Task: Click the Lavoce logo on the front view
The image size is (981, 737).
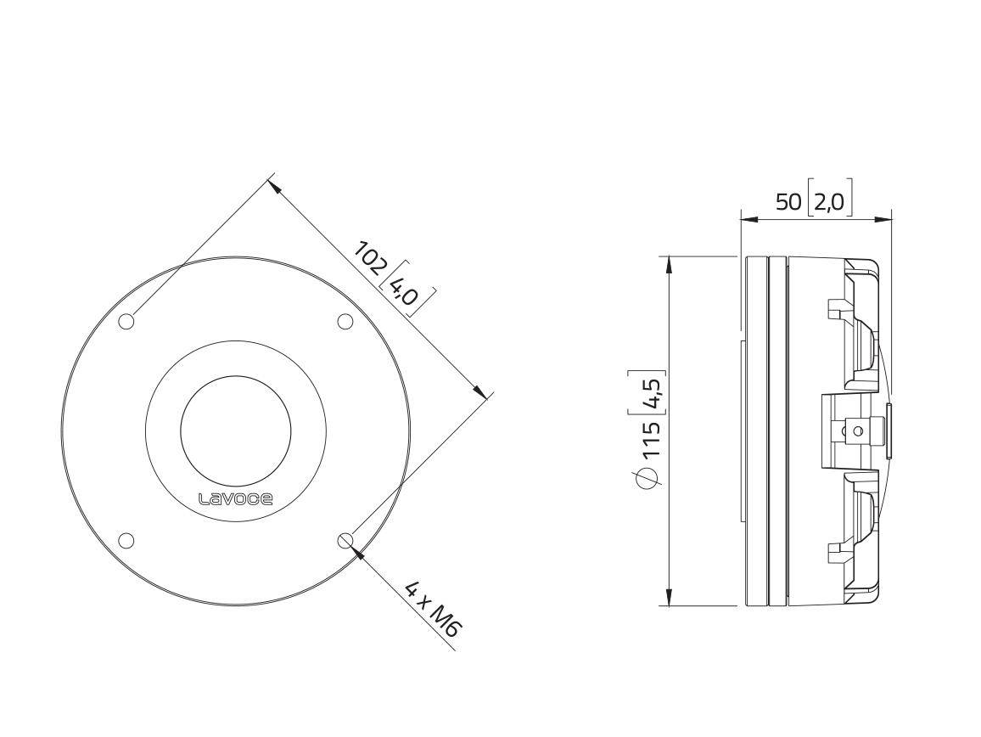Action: point(235,499)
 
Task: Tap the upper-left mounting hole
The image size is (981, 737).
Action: point(126,321)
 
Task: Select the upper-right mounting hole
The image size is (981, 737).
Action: point(345,321)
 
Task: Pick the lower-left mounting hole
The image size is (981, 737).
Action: point(126,540)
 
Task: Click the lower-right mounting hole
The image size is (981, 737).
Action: point(345,540)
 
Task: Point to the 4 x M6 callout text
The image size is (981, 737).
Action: point(432,608)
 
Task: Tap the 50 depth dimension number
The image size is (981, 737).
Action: point(788,202)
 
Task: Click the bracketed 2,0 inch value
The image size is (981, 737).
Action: point(829,202)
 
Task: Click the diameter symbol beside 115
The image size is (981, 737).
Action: point(649,479)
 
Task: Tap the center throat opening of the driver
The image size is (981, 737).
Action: point(235,431)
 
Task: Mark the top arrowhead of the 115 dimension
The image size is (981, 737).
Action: point(670,264)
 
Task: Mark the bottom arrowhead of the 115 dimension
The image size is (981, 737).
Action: point(670,598)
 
